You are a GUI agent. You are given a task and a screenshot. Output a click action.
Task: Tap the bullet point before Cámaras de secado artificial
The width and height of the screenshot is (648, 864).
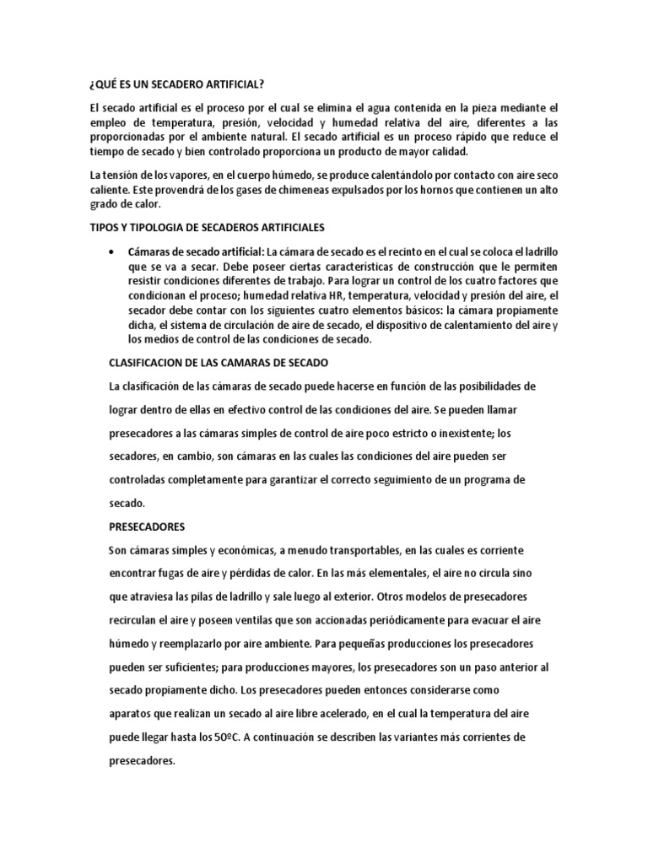(x=113, y=252)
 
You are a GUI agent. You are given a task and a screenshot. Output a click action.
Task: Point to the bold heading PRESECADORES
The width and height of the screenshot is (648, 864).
(x=147, y=526)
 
